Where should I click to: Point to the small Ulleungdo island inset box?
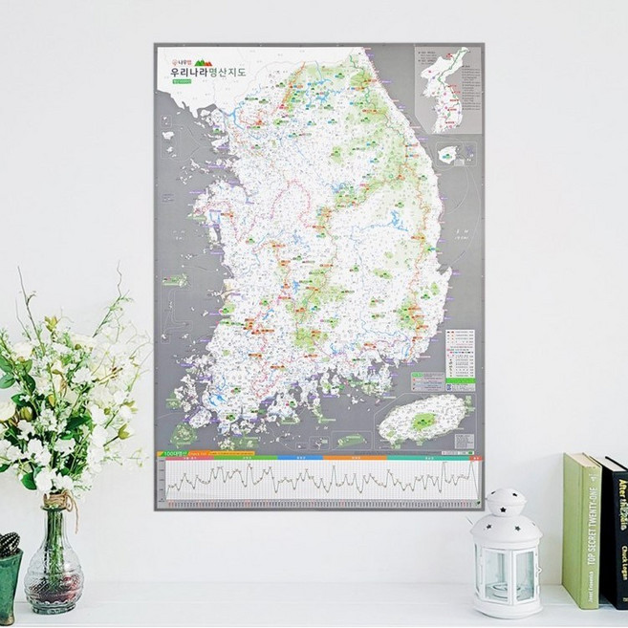coord(449,153)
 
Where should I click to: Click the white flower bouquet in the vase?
coord(57,401)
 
